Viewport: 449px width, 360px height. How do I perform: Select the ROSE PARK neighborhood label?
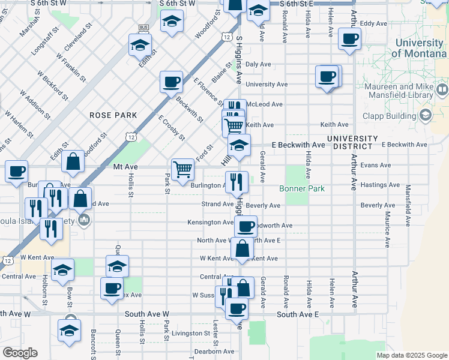point(113,115)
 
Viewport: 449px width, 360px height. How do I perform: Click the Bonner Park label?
point(302,188)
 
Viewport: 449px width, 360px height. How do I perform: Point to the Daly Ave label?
point(258,64)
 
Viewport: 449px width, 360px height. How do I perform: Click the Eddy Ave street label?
point(373,23)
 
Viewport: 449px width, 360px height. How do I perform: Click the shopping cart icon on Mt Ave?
point(182,169)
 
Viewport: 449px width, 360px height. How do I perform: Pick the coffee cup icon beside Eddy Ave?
point(349,39)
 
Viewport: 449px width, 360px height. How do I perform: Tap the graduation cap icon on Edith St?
point(140,44)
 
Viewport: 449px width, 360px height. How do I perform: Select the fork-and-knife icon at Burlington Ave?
point(237,181)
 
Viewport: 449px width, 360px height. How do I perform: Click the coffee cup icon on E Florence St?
point(171,81)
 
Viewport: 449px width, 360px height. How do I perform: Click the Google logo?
point(20,353)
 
